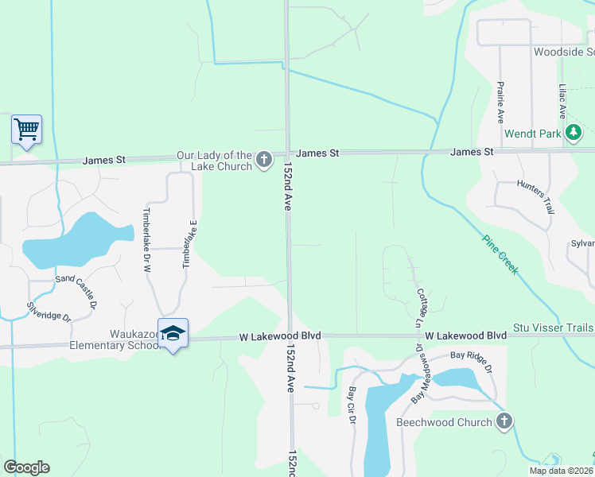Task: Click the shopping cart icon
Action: coord(26,129)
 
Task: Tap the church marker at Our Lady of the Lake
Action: coord(264,161)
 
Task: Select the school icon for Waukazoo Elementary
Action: coord(173,334)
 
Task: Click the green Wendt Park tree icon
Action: coord(573,134)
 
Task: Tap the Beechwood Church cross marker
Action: coord(503,421)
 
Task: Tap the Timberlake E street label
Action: coord(189,242)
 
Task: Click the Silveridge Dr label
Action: coord(49,311)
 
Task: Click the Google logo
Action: coord(26,467)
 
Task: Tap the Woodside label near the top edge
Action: coord(563,52)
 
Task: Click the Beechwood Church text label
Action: coord(444,422)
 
